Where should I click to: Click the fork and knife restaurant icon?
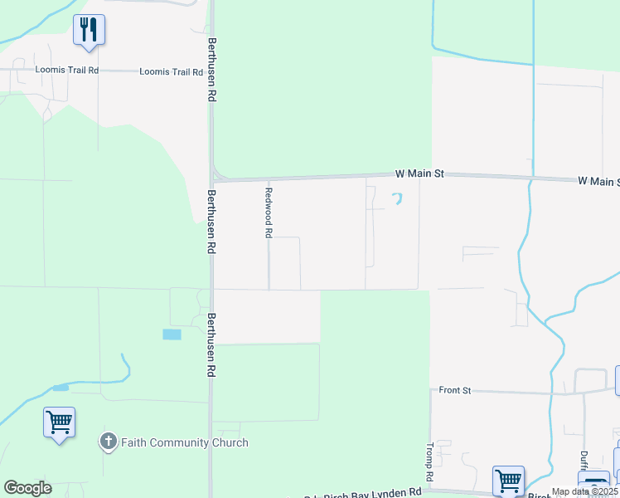[x=89, y=30]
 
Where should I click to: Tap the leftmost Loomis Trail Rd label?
[x=66, y=71]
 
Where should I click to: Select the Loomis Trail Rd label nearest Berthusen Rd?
[x=171, y=72]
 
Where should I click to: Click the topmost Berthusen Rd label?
[x=212, y=70]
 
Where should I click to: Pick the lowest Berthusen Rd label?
[x=211, y=346]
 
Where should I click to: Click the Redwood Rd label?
[x=268, y=213]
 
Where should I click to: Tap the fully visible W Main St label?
[x=419, y=174]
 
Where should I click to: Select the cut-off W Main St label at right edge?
[x=598, y=181]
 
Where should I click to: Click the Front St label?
[x=455, y=389]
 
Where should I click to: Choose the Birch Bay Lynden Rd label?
[x=374, y=493]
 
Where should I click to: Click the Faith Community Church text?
[x=184, y=442]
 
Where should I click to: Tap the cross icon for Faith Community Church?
[x=108, y=442]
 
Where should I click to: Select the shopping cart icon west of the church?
[x=60, y=423]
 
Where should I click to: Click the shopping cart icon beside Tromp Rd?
[x=507, y=480]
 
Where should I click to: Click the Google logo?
[x=27, y=488]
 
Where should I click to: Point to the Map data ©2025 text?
[x=584, y=491]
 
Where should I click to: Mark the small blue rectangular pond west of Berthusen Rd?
[x=172, y=334]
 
